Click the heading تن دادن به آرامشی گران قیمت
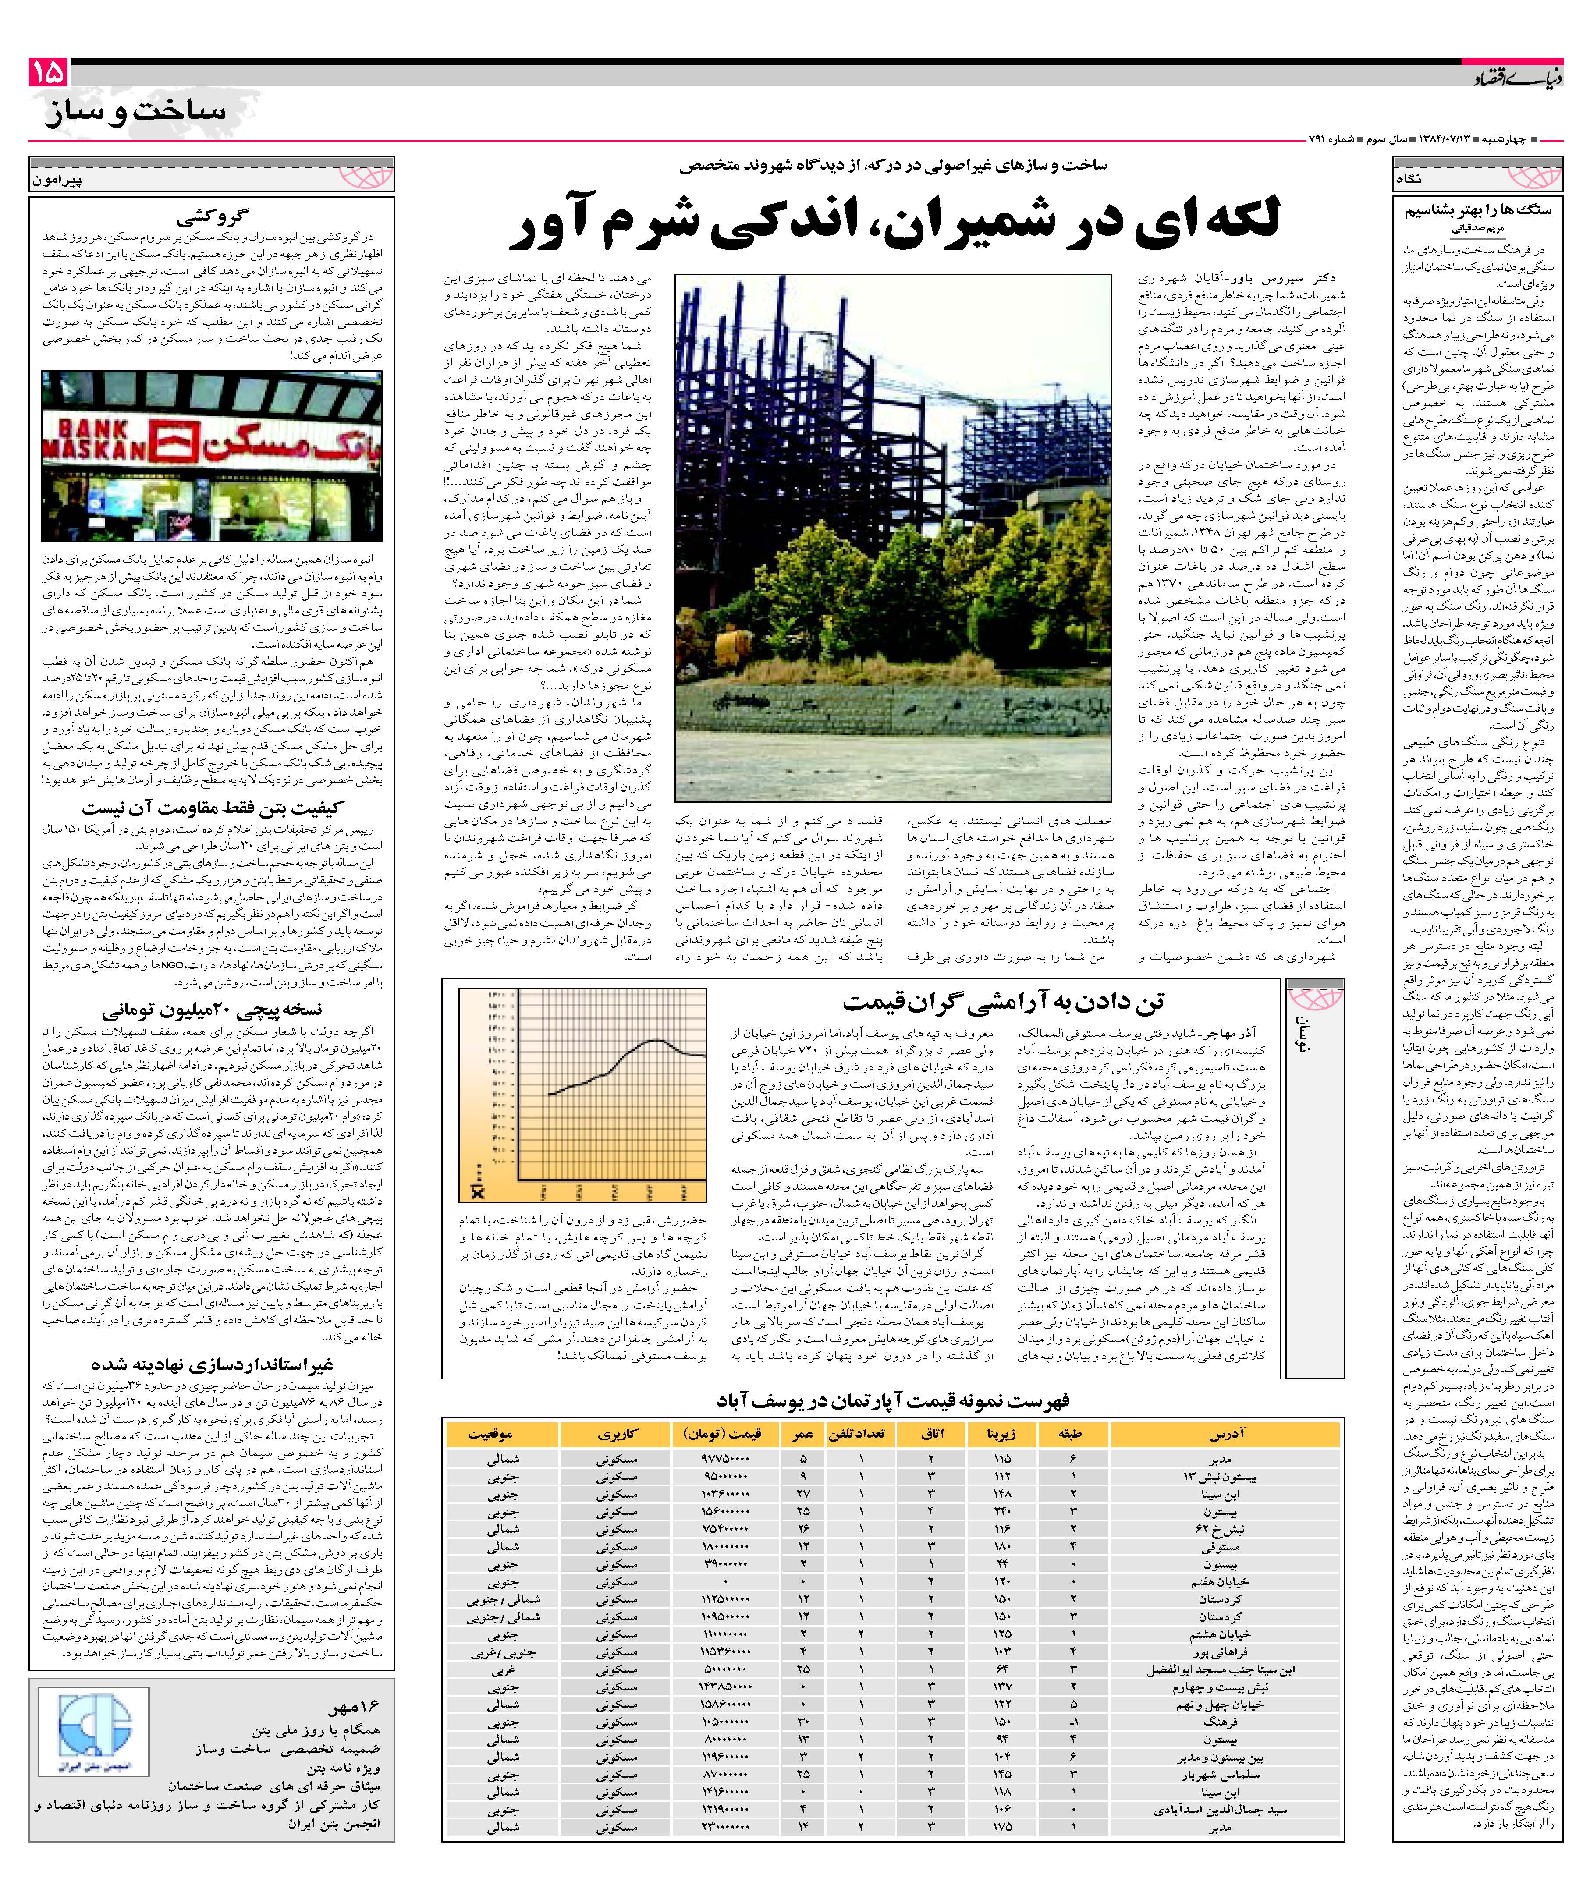1002,1000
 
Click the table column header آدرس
1225,1434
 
